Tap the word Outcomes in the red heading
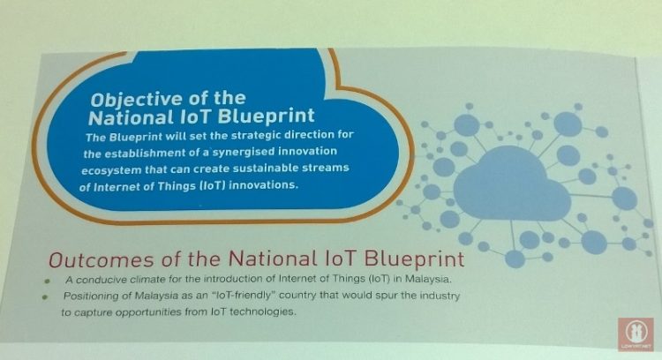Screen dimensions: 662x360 pyautogui.click(x=102, y=259)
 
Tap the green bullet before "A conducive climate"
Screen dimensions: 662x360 pyautogui.click(x=48, y=281)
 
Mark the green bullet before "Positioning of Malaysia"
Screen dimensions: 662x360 pyautogui.click(x=46, y=296)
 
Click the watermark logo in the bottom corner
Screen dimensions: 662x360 pyautogui.click(x=636, y=334)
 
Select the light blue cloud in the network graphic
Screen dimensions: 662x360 pyautogui.click(x=512, y=184)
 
